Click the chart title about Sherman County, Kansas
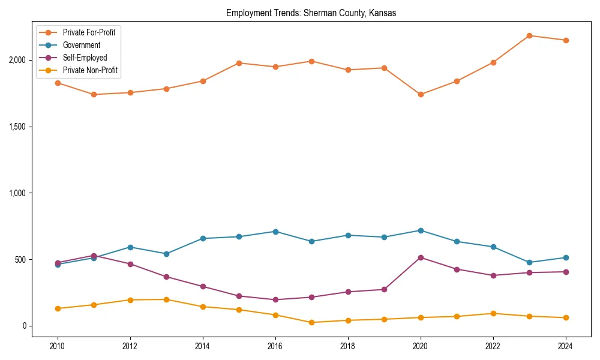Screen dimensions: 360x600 pos(311,13)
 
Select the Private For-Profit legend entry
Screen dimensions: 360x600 pos(89,32)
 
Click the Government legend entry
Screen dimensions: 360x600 pos(81,45)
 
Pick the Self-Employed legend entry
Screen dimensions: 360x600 pos(85,58)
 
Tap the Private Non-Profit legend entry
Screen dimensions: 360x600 pos(90,70)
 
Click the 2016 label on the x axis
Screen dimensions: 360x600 pos(275,347)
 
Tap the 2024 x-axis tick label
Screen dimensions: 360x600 pos(565,347)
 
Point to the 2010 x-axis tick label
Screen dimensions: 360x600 pos(58,347)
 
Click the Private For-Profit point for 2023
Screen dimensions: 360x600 pos(529,35)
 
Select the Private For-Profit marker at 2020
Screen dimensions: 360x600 pos(421,94)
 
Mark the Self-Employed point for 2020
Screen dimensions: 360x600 pos(421,257)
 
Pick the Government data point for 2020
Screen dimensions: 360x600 pos(421,230)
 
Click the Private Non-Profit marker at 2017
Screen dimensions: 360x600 pos(311,322)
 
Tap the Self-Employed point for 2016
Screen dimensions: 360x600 pos(275,299)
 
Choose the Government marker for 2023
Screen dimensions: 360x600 pos(529,262)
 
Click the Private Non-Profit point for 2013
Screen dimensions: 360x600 pos(166,299)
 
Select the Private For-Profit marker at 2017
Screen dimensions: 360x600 pos(311,61)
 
